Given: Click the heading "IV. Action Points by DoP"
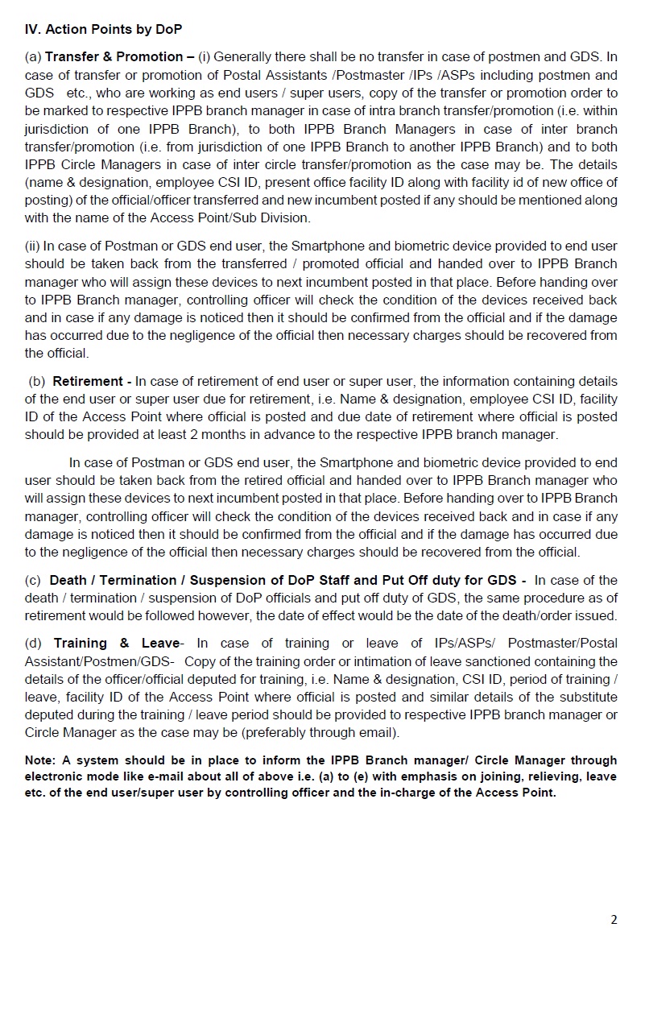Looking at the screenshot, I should tap(104, 30).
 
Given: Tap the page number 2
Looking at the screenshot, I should tap(614, 920).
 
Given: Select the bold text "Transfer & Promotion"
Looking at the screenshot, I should tap(114, 56).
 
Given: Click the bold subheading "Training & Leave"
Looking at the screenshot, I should tap(115, 643).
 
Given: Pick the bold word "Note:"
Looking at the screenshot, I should tap(40, 760).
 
